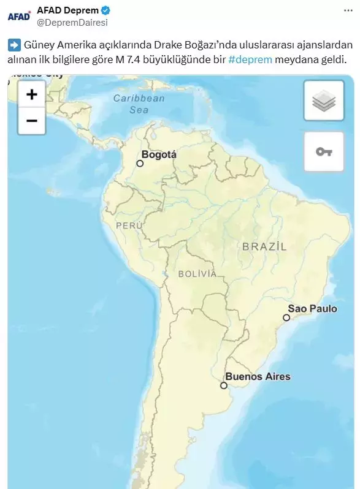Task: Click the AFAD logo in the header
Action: (x=19, y=16)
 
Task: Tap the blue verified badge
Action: (x=105, y=10)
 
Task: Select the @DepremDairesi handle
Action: (x=72, y=23)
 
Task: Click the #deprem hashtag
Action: (x=250, y=59)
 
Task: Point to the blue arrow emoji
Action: (x=14, y=45)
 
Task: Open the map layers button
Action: (x=323, y=100)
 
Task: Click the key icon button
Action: (x=323, y=151)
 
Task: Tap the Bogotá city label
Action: (x=159, y=154)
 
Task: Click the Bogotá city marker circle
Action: (x=140, y=164)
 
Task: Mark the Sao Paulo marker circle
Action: (x=286, y=317)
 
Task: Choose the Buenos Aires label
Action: (x=258, y=376)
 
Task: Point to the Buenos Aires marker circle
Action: (x=224, y=385)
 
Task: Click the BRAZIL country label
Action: (x=264, y=246)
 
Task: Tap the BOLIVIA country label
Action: (x=197, y=273)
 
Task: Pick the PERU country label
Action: (x=129, y=226)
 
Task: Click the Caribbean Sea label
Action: (x=139, y=104)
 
